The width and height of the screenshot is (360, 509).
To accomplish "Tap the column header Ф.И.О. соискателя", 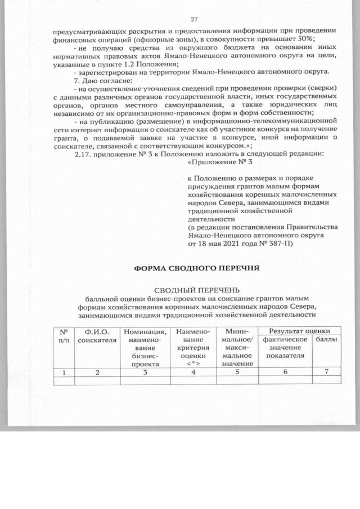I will tap(97, 336).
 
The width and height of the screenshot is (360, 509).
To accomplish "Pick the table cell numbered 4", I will tap(193, 372).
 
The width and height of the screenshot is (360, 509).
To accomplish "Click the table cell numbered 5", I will tap(238, 372).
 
